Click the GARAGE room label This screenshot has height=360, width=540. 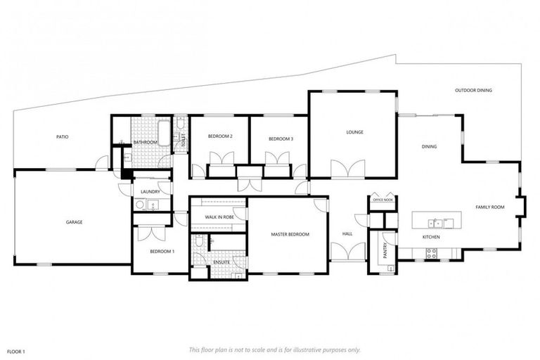(75, 222)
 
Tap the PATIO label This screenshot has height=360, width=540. (63, 136)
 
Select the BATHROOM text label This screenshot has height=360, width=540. (145, 142)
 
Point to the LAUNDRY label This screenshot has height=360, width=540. (150, 191)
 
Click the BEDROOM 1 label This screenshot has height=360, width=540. (162, 251)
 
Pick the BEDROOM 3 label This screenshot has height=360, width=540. (281, 139)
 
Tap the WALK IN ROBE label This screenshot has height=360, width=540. (219, 217)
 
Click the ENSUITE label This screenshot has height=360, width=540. (222, 262)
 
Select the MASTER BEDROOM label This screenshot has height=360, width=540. (290, 234)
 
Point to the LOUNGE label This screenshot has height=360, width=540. (354, 131)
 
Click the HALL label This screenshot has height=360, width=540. (347, 234)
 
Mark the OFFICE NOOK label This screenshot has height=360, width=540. (382, 200)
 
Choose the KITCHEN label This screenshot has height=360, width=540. (431, 238)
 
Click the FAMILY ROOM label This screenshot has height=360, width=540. (490, 207)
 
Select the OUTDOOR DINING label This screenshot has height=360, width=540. (473, 91)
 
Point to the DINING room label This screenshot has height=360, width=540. (429, 147)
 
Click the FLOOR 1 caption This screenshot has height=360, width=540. (15, 350)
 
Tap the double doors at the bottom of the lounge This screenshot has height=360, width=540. (348, 169)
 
